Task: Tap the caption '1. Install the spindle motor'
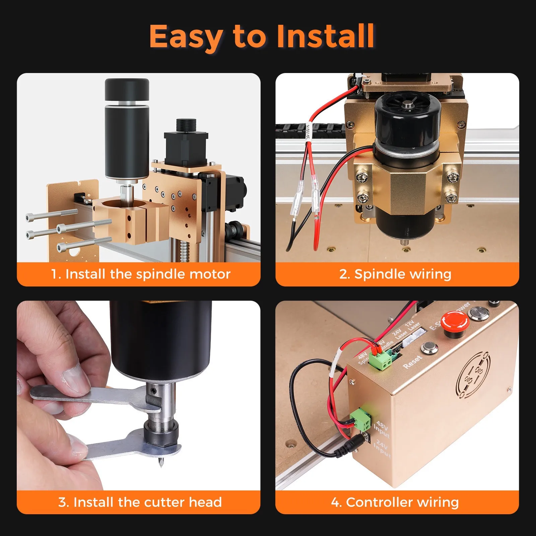coord(141,274)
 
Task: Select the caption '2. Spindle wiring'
coord(395,274)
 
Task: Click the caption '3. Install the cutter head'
coord(140,502)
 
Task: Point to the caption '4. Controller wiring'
coord(395,502)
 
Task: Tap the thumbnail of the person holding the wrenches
coord(139,395)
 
